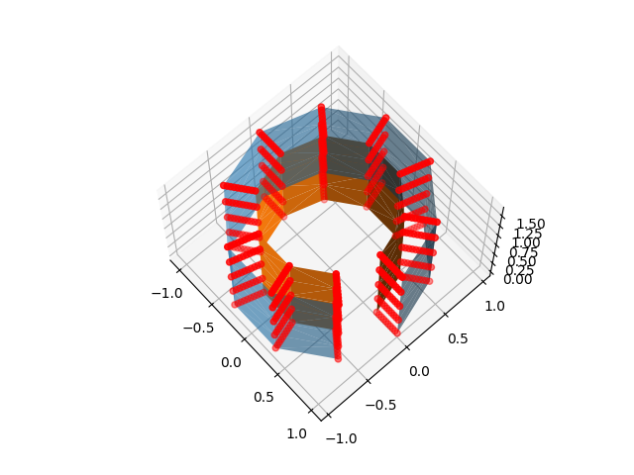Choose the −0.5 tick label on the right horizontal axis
(x=379, y=404)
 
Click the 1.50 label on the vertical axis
(x=530, y=225)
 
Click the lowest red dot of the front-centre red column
(x=338, y=358)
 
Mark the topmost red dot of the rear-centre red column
(x=321, y=107)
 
